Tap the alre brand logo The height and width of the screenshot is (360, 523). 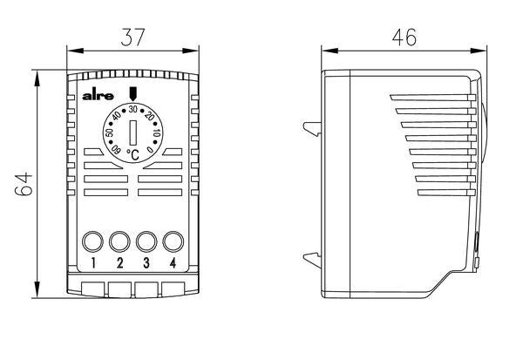tap(94, 98)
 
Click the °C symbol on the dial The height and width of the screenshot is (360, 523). tap(132, 154)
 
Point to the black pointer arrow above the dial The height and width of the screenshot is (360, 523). tap(132, 94)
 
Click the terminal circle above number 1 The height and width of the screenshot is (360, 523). tap(93, 241)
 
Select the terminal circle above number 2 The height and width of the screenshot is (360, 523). tap(120, 241)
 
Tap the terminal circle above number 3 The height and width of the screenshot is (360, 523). tap(146, 241)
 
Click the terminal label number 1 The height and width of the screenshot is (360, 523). tap(93, 262)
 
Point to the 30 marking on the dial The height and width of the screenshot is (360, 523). tap(133, 110)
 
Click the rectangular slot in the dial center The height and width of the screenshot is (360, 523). tap(132, 133)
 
